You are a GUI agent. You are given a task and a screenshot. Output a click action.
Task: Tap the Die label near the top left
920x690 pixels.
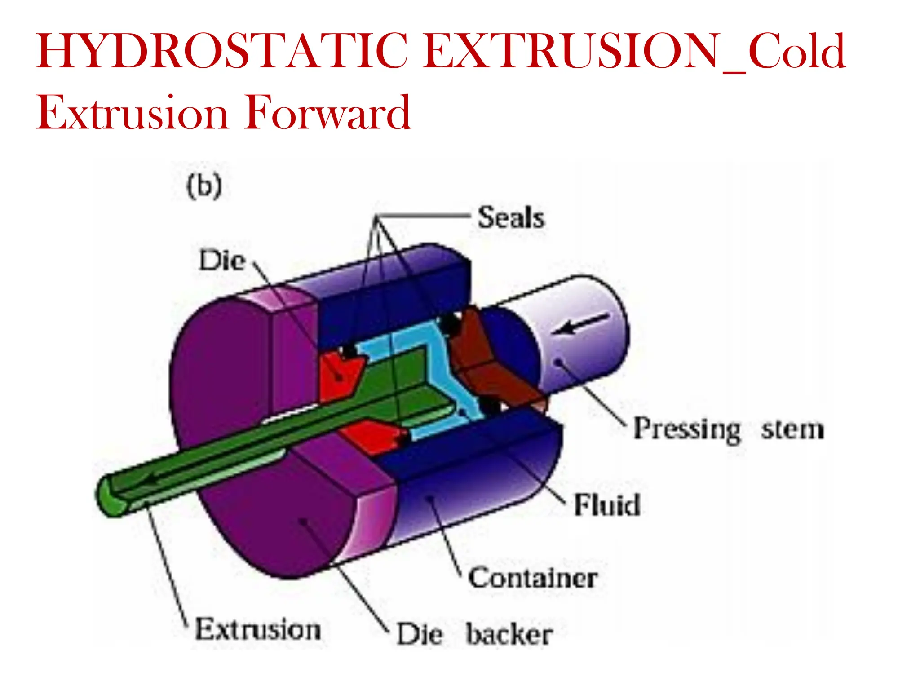222,261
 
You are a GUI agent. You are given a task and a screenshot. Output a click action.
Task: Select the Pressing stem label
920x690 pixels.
728,429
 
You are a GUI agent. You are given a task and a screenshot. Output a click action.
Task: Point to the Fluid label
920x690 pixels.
607,505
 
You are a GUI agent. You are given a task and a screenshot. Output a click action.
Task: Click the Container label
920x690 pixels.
533,578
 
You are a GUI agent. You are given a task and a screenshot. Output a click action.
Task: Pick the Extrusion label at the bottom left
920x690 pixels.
258,629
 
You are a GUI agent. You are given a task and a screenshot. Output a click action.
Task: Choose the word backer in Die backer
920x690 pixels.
509,635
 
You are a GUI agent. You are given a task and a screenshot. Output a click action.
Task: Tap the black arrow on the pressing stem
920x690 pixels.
579,324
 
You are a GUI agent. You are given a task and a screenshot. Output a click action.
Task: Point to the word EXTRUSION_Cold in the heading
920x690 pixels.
633,51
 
